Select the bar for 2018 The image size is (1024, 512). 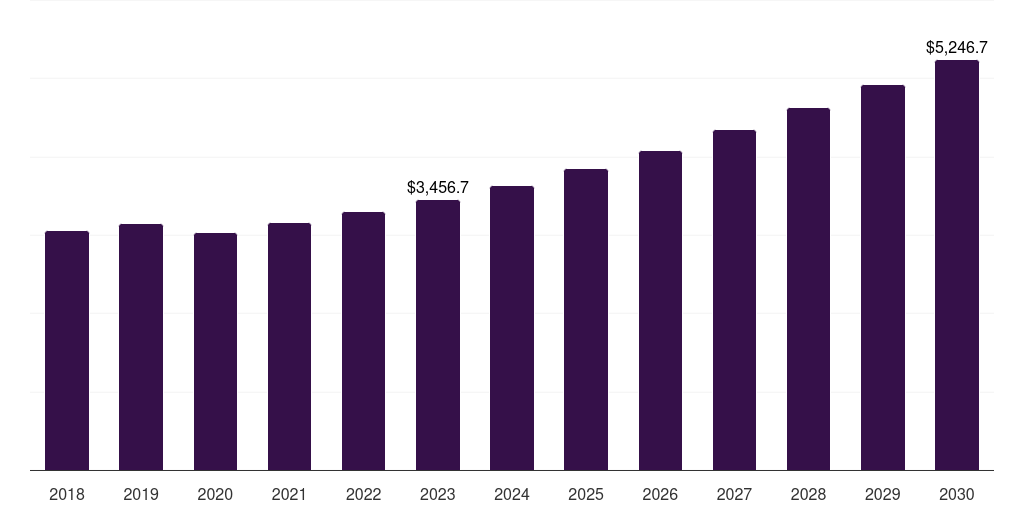[67, 351]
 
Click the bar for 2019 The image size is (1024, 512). [141, 347]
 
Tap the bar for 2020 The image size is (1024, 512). [216, 351]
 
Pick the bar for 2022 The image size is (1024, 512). [363, 341]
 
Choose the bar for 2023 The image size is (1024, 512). [438, 335]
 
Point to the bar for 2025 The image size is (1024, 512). [586, 319]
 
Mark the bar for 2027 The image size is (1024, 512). [734, 300]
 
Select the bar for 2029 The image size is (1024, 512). [883, 278]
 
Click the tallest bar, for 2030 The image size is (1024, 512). [957, 265]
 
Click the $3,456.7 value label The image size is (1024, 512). [438, 187]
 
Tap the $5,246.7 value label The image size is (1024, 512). [957, 47]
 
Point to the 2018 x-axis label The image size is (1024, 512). [67, 495]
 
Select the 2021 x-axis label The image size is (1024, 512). [289, 495]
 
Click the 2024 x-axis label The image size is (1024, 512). [512, 495]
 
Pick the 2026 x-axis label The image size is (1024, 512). [660, 495]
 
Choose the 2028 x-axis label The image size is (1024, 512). [808, 495]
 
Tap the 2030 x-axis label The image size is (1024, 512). [957, 495]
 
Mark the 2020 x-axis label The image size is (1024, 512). [216, 495]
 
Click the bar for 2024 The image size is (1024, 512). [512, 328]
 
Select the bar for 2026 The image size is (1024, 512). [660, 310]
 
